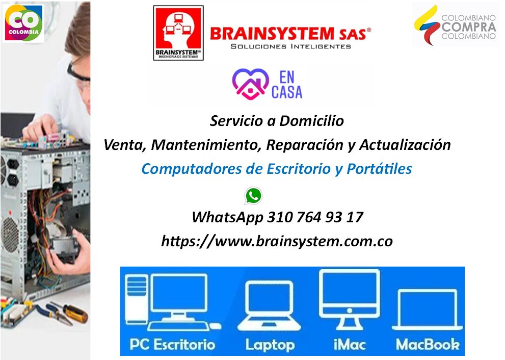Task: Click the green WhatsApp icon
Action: click(x=253, y=196)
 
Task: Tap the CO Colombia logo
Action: click(x=23, y=23)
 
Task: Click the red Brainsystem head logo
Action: click(x=178, y=33)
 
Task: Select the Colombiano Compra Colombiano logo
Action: click(x=455, y=25)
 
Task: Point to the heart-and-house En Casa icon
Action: click(x=251, y=84)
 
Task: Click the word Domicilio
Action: click(x=311, y=121)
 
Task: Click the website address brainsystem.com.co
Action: click(x=277, y=241)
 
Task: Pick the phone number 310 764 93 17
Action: click(x=315, y=217)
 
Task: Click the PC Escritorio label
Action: click(x=172, y=345)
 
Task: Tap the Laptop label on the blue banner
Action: click(x=270, y=345)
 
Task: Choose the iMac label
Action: click(x=350, y=345)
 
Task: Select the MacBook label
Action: click(x=428, y=345)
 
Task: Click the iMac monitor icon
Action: click(x=350, y=299)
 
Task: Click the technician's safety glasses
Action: click(x=78, y=74)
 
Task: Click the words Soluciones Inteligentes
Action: click(x=291, y=46)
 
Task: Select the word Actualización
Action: click(x=405, y=145)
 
